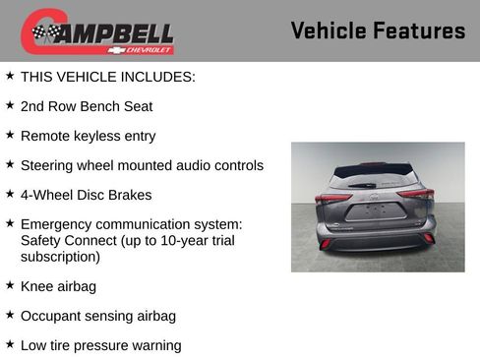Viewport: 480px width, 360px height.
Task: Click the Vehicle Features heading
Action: coord(378,30)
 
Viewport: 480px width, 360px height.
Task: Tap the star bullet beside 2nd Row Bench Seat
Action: coord(10,104)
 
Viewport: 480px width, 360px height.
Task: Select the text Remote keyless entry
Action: coord(88,136)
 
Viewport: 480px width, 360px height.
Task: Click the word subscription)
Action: coord(60,257)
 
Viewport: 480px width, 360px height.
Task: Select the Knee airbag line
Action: coord(58,286)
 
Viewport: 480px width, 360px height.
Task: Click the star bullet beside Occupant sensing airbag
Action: coord(10,315)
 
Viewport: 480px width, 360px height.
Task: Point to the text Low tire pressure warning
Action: coord(100,345)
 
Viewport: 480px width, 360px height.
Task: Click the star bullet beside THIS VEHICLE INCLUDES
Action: coord(10,75)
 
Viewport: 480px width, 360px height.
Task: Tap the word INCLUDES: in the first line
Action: coord(160,76)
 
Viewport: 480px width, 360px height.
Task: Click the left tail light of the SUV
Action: coord(331,198)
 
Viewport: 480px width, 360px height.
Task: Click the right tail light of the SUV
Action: coord(416,194)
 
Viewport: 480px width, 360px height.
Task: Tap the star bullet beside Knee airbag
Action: coord(10,285)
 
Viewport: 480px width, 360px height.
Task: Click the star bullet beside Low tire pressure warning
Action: coord(10,344)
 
